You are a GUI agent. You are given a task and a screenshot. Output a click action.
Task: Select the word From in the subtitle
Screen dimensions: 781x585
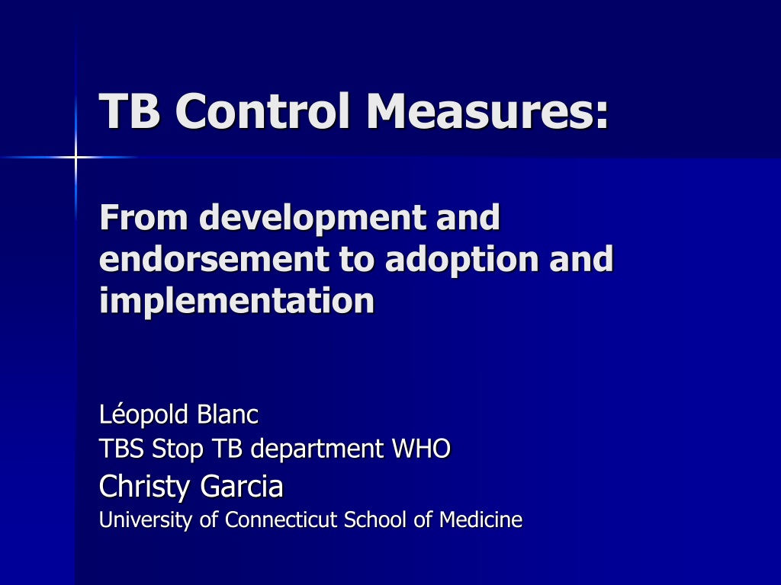point(143,217)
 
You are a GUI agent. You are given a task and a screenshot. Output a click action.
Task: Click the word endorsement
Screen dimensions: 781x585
point(214,259)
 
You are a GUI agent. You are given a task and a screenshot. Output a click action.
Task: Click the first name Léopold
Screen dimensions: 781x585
point(143,414)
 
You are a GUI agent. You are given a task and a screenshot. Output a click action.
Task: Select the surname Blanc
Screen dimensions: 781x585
point(227,414)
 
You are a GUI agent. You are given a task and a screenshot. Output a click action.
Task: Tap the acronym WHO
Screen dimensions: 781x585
point(421,448)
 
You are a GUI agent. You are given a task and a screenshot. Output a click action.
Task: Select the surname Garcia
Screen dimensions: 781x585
point(242,486)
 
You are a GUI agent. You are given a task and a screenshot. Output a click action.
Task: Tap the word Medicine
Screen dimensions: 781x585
point(480,519)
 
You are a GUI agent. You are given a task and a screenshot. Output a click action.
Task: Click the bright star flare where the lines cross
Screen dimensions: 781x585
point(76,158)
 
